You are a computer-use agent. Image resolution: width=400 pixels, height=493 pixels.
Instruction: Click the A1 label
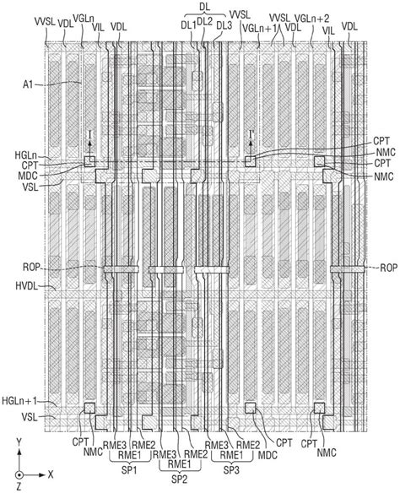[28, 84]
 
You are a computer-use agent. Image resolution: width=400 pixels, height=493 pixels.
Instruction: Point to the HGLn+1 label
[19, 401]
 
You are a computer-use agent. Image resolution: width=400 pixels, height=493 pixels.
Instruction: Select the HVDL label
[26, 286]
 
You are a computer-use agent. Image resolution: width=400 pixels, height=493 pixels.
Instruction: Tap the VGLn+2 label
[312, 19]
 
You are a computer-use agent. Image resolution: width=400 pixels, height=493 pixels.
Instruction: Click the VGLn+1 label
[259, 28]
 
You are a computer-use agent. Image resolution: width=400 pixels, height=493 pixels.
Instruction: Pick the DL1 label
[188, 26]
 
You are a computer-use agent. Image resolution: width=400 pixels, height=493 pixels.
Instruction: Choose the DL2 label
[206, 22]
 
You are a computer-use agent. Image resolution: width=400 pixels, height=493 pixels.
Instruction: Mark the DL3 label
[224, 26]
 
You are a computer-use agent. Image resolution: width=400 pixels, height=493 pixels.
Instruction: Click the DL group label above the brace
[204, 8]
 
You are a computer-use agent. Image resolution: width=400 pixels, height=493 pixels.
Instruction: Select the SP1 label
[129, 470]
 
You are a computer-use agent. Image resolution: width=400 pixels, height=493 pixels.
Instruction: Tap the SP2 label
[180, 479]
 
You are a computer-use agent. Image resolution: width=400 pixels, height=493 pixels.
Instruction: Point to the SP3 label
[231, 470]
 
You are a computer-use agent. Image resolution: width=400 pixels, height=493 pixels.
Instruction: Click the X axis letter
[51, 474]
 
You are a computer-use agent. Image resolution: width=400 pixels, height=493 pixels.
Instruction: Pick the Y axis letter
[19, 442]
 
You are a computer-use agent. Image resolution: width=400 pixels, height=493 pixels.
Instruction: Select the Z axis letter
[19, 487]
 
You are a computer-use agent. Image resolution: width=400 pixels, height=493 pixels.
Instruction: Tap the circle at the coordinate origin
[19, 474]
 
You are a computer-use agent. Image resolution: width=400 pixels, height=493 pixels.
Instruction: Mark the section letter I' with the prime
[251, 135]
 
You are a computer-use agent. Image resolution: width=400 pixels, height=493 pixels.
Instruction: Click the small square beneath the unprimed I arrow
[89, 161]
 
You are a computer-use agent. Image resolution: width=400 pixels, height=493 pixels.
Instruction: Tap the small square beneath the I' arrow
[251, 161]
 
